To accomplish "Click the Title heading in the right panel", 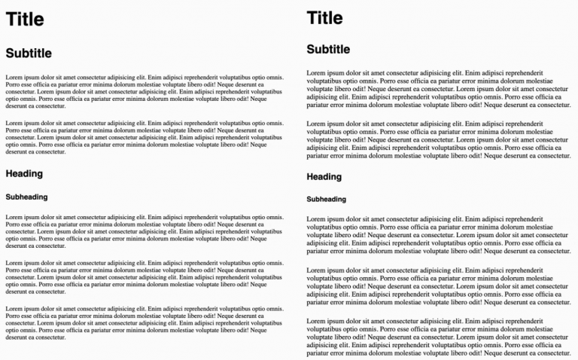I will pyautogui.click(x=324, y=18).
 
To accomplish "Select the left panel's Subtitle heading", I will pyautogui.click(x=29, y=53).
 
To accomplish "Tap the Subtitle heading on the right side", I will pyautogui.click(x=328, y=50).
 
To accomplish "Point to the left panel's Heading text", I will pyautogui.click(x=24, y=174).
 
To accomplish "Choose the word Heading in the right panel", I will pyautogui.click(x=324, y=177).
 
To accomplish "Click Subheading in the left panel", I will pyautogui.click(x=26, y=197).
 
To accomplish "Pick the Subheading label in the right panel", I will pyautogui.click(x=327, y=200).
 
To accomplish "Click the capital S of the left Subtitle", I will pyautogui.click(x=10, y=53).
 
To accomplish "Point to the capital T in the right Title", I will pyautogui.click(x=312, y=18).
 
